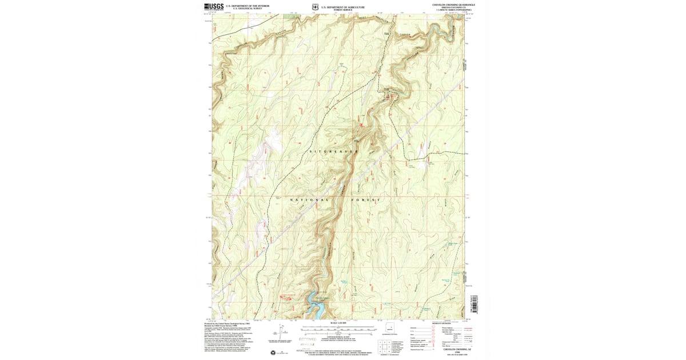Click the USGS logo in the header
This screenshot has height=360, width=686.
tap(214, 6)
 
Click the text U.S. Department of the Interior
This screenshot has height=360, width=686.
tap(248, 5)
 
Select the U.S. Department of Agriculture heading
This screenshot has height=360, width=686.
tap(342, 5)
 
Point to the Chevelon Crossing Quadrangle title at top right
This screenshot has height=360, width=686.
tap(454, 4)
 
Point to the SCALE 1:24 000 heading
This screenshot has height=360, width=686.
tap(338, 323)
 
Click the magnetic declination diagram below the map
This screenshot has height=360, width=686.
tap(284, 332)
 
